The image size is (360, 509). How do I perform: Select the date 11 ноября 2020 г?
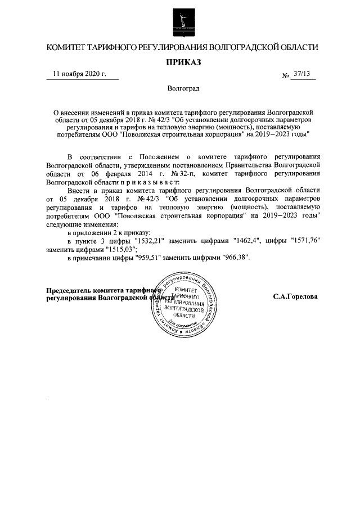point(79,74)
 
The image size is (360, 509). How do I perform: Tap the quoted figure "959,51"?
point(151,258)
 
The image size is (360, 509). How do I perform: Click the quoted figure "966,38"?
point(231,258)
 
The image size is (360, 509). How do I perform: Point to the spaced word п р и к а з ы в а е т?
point(150,182)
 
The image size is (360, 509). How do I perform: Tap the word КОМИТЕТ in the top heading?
point(66,47)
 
